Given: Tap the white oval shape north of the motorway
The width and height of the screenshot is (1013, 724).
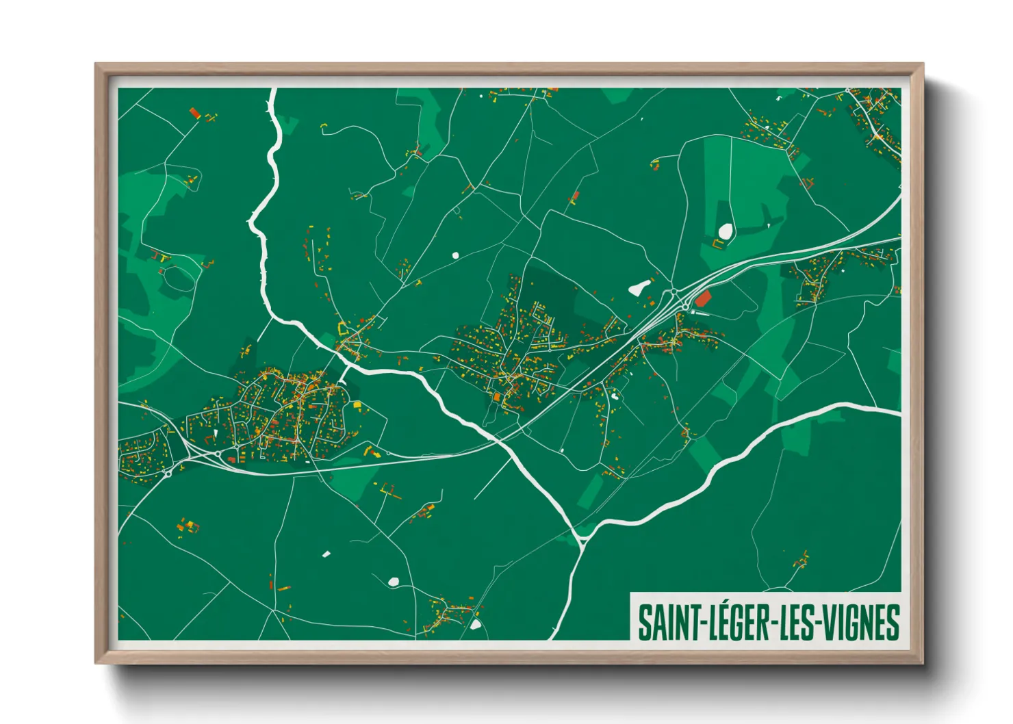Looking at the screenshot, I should coord(725,231).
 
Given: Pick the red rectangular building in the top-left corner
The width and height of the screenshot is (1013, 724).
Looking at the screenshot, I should coord(194,112).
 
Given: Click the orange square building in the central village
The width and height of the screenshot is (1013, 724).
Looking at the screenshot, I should coord(497,396).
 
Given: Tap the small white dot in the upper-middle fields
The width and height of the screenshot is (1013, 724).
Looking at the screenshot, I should coord(455,255).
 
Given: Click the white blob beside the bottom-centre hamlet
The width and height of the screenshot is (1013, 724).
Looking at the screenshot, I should coord(475,624).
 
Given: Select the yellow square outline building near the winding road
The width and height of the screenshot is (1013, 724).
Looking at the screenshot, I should coord(344,328).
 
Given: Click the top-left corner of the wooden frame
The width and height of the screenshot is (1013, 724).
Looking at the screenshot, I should coord(97,65).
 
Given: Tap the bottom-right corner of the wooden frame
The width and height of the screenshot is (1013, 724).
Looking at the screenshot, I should coord(922,662).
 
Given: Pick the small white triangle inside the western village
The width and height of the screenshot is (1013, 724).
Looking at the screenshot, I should coord(215,432).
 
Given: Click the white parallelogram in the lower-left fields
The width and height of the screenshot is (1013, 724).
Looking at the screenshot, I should coord(326,553).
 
